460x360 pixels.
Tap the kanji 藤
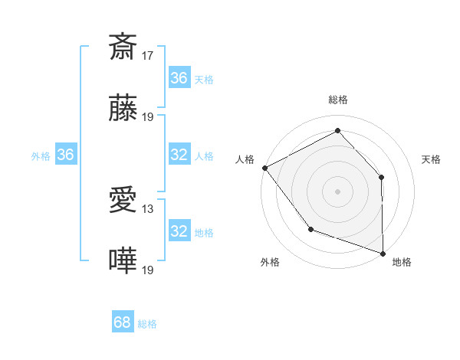point(123,108)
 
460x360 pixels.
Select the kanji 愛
point(123,201)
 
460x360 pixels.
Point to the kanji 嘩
point(123,261)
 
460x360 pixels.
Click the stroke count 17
point(149,55)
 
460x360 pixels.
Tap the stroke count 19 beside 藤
point(149,117)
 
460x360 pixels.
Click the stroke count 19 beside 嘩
point(149,270)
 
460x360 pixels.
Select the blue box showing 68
point(123,323)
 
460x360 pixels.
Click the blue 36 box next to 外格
point(65,155)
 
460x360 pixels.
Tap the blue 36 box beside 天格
point(179,78)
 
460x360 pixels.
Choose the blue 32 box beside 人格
point(179,155)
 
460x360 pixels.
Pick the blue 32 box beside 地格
point(179,231)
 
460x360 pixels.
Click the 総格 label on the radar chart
point(338,100)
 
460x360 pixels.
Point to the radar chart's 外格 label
point(270,262)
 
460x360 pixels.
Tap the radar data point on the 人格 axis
point(264,168)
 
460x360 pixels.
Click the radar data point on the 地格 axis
point(383,253)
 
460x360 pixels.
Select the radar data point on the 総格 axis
point(337,131)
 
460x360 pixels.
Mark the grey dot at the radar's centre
point(337,191)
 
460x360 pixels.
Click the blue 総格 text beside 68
point(147,324)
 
